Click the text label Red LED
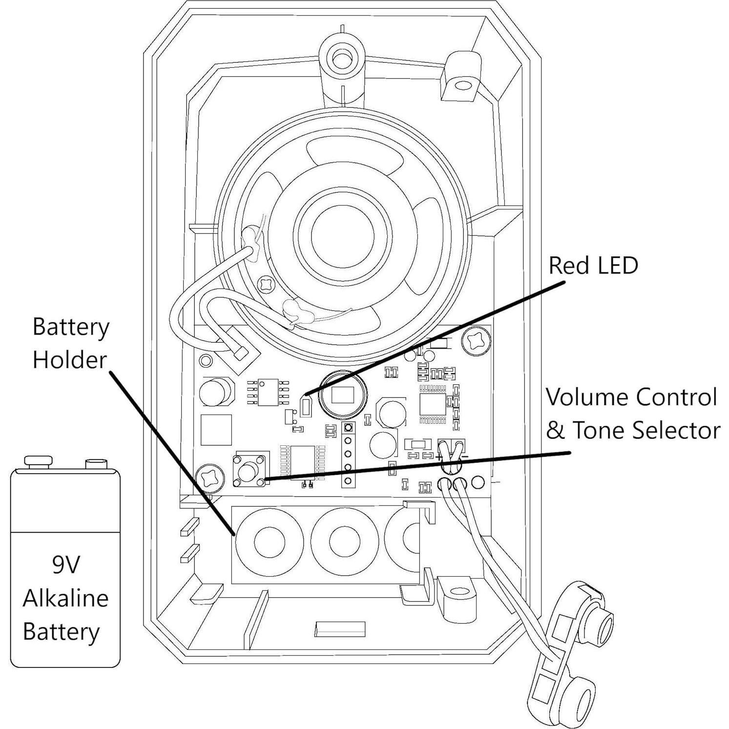tap(593, 266)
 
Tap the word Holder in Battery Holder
tap(69, 360)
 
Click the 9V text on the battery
tap(65, 565)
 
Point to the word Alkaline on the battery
tap(65, 598)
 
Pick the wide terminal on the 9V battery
tap(38, 461)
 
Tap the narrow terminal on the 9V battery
tap(97, 462)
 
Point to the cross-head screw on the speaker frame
tap(268, 283)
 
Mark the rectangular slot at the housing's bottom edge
tap(340, 628)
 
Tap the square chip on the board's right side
tap(433, 404)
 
